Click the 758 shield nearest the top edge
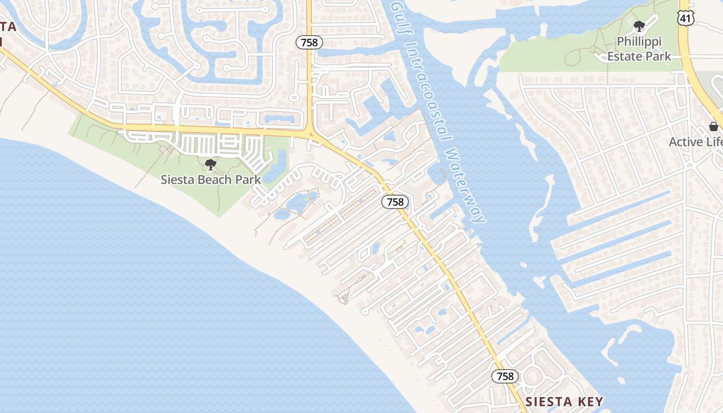(309, 42)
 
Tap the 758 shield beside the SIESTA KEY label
(505, 376)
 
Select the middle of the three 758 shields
(395, 202)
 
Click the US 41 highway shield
(686, 18)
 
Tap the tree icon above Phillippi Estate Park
(639, 26)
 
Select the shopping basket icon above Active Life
(714, 126)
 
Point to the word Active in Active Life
(686, 142)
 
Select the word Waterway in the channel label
(465, 186)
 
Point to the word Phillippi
(639, 41)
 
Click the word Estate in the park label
(623, 56)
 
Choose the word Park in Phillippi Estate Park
(657, 56)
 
